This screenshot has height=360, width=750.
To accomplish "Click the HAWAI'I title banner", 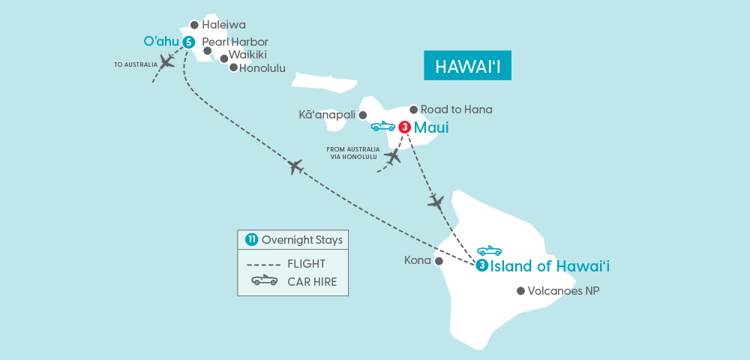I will pyautogui.click(x=466, y=65).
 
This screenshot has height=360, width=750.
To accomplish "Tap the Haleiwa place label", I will pyautogui.click(x=223, y=25).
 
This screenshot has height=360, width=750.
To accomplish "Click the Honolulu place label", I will pyautogui.click(x=262, y=67).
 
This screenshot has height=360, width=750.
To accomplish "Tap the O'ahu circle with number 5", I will pyautogui.click(x=188, y=41).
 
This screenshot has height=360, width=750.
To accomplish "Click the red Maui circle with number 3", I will pyautogui.click(x=404, y=127).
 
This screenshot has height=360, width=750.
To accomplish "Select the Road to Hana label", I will pyautogui.click(x=456, y=109).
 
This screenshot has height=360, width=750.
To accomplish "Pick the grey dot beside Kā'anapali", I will pyautogui.click(x=363, y=115).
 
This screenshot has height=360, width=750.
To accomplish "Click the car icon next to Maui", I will pyautogui.click(x=383, y=127).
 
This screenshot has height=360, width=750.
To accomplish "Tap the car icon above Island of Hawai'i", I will pyautogui.click(x=489, y=250).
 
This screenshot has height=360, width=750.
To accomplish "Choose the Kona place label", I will pyautogui.click(x=417, y=260).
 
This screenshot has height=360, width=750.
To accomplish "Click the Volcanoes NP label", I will pyautogui.click(x=564, y=291).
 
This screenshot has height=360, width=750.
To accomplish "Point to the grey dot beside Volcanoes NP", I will pyautogui.click(x=520, y=291).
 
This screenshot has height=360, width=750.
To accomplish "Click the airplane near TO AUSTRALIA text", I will pyautogui.click(x=166, y=62).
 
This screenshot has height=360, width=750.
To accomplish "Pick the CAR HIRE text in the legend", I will pyautogui.click(x=311, y=281).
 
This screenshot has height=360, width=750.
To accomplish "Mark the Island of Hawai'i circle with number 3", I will pyautogui.click(x=481, y=265).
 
